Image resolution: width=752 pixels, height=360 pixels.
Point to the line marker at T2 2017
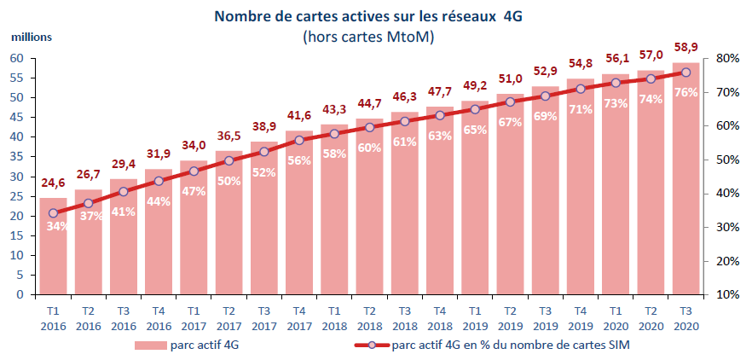(228, 160)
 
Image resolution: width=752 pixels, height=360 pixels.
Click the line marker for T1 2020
(615, 83)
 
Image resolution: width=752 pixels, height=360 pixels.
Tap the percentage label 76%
(685, 92)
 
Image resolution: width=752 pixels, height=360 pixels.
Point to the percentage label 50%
(228, 181)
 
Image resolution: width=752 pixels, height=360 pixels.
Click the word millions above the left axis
(32, 37)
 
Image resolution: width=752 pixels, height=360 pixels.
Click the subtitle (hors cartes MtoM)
(368, 37)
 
